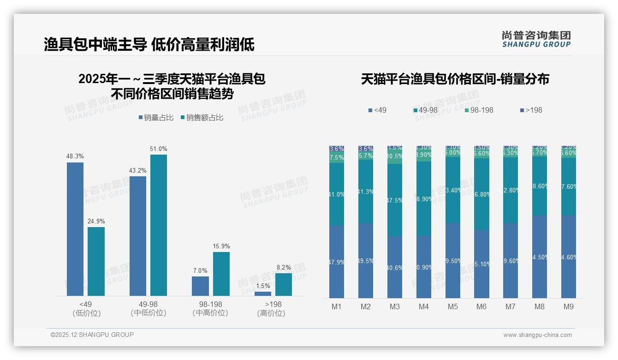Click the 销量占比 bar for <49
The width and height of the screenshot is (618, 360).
(75, 229)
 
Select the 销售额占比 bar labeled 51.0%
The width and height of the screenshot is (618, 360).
(159, 225)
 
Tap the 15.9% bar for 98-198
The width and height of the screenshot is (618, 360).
(221, 274)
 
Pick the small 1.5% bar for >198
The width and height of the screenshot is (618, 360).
(263, 294)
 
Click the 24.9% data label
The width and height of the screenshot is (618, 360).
(96, 222)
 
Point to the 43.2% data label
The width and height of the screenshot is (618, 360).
(138, 171)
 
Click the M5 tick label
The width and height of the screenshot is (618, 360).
(452, 307)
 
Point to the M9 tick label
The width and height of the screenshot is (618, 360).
(568, 307)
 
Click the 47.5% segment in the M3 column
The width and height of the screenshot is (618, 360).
(395, 200)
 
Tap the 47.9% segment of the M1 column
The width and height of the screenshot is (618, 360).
(337, 262)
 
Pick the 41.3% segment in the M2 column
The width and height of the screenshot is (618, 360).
(366, 192)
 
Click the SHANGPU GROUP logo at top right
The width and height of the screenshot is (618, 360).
(536, 39)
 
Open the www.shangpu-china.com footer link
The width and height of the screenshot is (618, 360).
(537, 335)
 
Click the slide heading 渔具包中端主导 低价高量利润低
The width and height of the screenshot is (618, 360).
(149, 45)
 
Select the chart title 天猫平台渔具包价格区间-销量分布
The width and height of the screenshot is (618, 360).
(455, 79)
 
